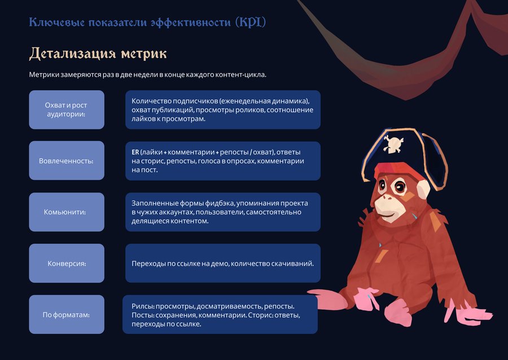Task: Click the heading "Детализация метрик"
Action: [x=98, y=54]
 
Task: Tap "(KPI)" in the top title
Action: [x=251, y=22]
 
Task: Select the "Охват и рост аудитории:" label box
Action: [x=67, y=109]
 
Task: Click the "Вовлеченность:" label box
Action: [x=67, y=161]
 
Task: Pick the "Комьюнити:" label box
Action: [x=67, y=212]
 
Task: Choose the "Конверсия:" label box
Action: [x=67, y=263]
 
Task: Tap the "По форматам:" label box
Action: [x=67, y=314]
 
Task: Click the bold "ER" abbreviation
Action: [x=135, y=152]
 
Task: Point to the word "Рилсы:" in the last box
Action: [x=143, y=306]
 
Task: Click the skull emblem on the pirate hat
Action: [x=393, y=144]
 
